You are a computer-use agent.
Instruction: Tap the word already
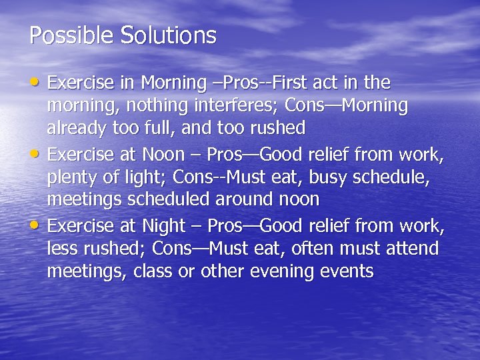pos(76,127)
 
